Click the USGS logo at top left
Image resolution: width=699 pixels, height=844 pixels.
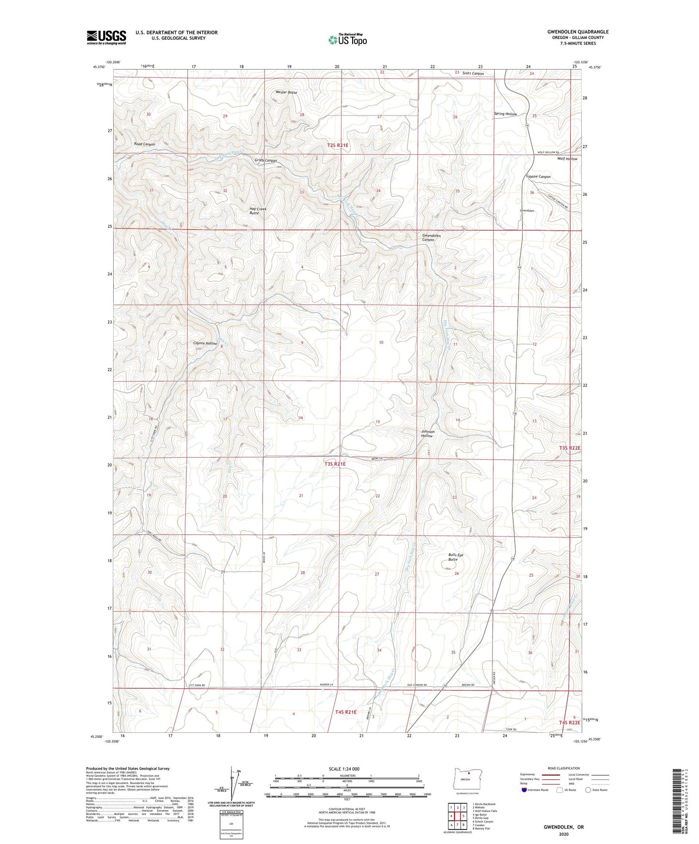click(106, 37)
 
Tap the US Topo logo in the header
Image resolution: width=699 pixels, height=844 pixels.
click(348, 40)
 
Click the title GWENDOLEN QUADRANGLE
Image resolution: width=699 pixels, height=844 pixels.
click(578, 32)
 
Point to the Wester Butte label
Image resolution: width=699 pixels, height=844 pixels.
click(286, 92)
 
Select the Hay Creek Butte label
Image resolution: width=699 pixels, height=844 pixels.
click(258, 211)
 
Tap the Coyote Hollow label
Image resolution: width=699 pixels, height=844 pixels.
click(205, 343)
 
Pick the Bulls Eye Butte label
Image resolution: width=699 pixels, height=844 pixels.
click(455, 557)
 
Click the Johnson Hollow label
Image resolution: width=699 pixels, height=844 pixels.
click(427, 434)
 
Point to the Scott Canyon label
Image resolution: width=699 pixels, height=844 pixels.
click(473, 73)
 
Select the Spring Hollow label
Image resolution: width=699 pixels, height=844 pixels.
click(505, 114)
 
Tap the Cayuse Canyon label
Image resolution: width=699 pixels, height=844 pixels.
click(538, 177)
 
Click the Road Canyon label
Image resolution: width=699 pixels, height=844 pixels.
click(145, 144)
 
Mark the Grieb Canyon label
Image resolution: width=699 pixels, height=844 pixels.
click(266, 160)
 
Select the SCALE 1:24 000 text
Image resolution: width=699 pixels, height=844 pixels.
click(343, 769)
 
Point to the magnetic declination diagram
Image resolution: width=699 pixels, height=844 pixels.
click(237, 785)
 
